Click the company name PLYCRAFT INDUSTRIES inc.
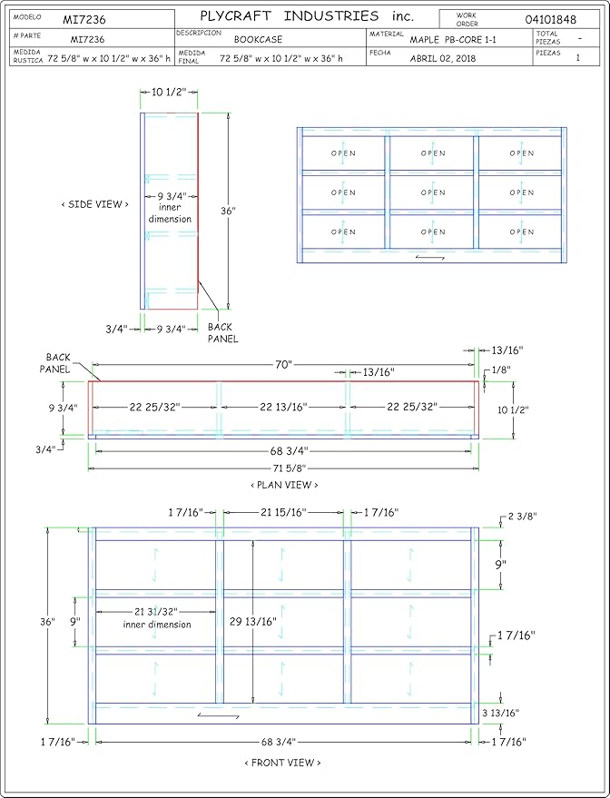coord(307,16)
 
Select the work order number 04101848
coord(550,20)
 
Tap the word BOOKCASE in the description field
coord(258,39)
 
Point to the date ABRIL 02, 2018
coord(443,58)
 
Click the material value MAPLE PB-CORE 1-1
coord(453,40)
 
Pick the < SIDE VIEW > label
coord(94,204)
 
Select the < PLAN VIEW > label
coord(284,485)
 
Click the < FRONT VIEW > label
coord(283,763)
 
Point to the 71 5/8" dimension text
coord(284,468)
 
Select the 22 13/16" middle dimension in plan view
coord(283,407)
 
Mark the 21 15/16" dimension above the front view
coord(283,513)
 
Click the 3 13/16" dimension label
coord(501,713)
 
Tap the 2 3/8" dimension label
coord(522,517)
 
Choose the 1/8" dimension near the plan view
coord(501,370)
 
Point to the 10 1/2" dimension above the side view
coord(169,92)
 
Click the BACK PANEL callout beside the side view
coord(222,333)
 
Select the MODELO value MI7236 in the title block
coord(84,20)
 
